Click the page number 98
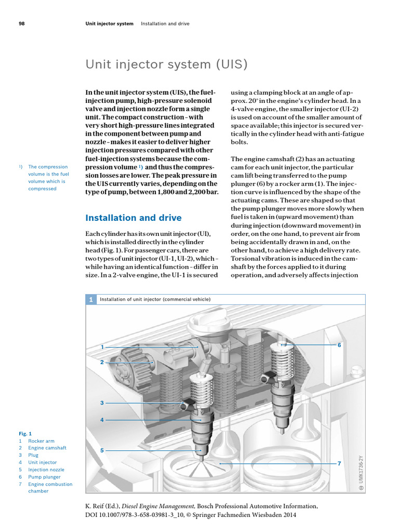tap(22, 24)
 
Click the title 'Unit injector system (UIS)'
tap(166, 64)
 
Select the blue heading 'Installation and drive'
tap(134, 218)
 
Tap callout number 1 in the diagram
tap(102, 347)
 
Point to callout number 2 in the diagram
tap(102, 362)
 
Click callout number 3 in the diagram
tap(102, 403)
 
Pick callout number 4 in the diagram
tap(102, 419)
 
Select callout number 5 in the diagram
tap(102, 450)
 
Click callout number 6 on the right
tap(339, 345)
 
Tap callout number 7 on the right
tap(339, 463)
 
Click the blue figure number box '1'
tap(91, 300)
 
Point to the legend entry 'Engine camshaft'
tap(47, 448)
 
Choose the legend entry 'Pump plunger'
tap(44, 477)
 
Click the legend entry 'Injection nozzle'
tap(46, 470)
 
